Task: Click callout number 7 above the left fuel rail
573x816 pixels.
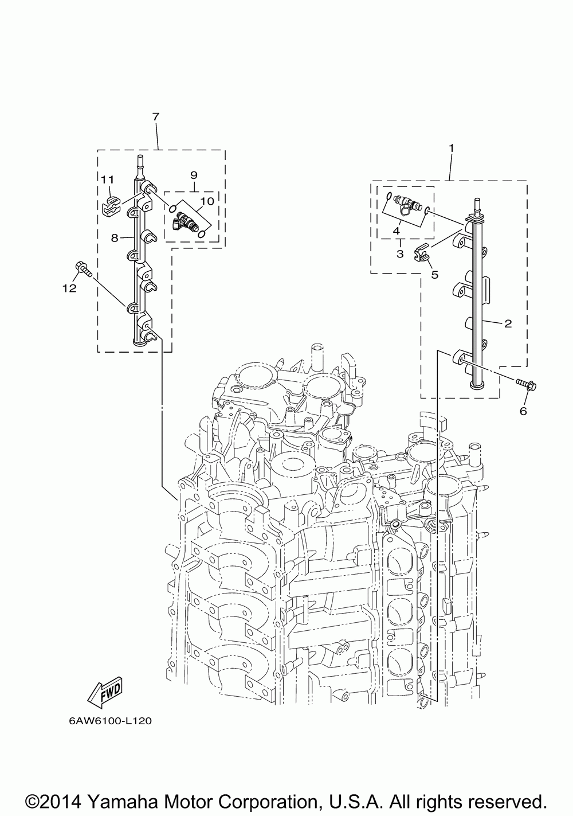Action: click(155, 116)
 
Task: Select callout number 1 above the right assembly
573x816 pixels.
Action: click(451, 148)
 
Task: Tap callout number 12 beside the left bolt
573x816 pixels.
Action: click(69, 288)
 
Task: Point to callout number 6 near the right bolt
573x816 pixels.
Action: click(523, 411)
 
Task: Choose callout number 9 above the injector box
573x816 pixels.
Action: click(193, 174)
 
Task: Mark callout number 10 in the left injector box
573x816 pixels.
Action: click(207, 200)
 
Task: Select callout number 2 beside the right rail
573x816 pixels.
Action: click(507, 323)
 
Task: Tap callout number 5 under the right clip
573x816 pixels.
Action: click(434, 275)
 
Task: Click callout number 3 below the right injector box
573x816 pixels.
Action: click(399, 253)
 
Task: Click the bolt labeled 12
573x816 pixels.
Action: click(81, 268)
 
